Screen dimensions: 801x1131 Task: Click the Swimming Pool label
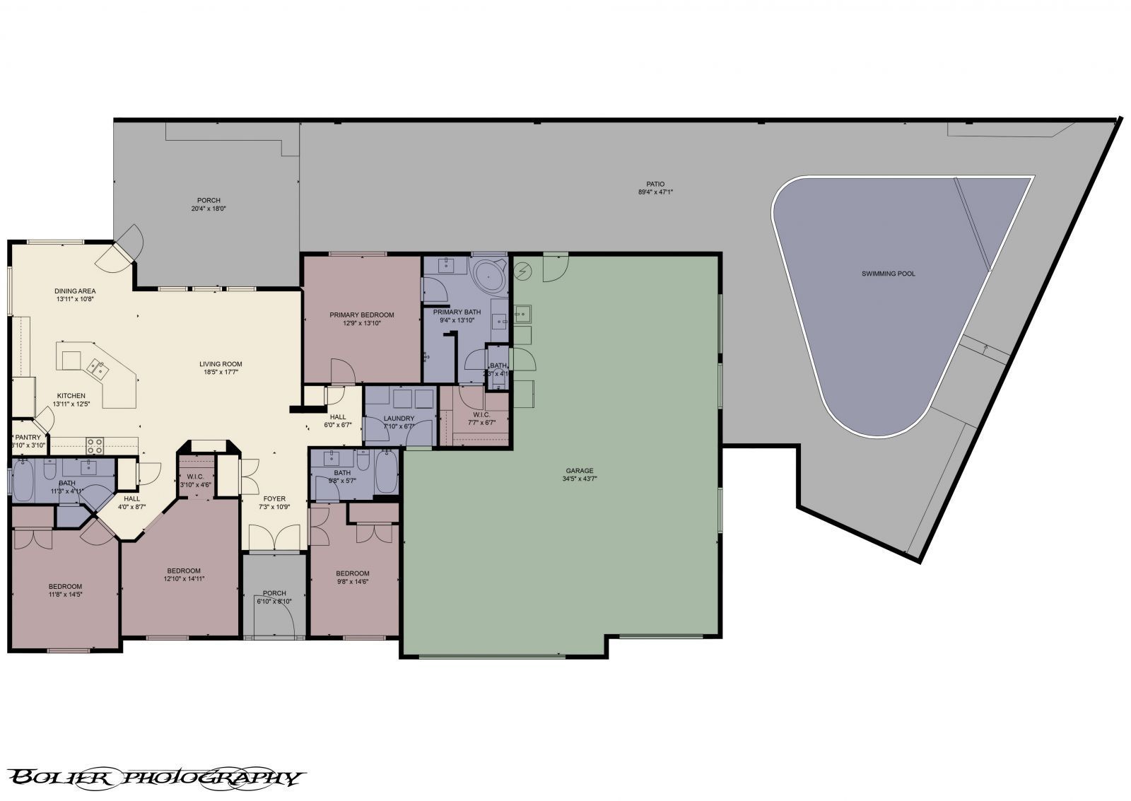tap(888, 274)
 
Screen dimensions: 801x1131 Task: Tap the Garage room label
tap(579, 470)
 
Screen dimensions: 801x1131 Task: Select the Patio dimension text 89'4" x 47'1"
tap(655, 192)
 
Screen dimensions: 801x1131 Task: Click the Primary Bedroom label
tap(361, 315)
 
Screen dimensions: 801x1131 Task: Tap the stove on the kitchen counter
tap(95, 445)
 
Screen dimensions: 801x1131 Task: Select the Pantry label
tap(28, 438)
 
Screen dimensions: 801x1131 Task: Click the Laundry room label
tap(398, 417)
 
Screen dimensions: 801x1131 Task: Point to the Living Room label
tap(221, 364)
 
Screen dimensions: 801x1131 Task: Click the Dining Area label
tap(75, 291)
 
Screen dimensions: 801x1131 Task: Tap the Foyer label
tap(274, 498)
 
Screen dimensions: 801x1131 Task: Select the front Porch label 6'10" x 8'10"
tap(274, 593)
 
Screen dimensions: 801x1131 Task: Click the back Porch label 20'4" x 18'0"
tap(208, 200)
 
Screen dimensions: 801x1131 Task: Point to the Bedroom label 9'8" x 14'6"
tap(352, 573)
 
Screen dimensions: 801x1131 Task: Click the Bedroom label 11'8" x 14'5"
tap(65, 586)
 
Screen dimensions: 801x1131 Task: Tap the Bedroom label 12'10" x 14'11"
tap(184, 571)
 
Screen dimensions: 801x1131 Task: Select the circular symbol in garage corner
tap(523, 269)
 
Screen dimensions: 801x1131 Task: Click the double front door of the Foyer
tap(274, 541)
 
